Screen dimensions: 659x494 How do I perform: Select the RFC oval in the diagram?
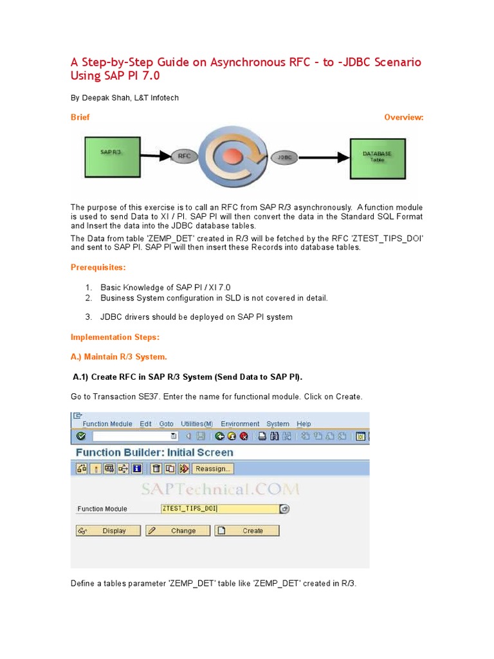tap(185, 155)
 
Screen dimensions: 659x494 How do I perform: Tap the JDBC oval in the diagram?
tap(284, 156)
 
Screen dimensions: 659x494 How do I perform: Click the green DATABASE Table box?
tap(377, 157)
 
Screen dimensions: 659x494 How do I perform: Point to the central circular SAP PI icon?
tap(233, 155)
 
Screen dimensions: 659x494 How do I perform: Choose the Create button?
tap(247, 531)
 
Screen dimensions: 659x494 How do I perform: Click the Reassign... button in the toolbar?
tap(214, 469)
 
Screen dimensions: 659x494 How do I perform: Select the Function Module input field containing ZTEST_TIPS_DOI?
tap(219, 508)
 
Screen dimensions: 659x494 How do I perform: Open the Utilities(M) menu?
tap(197, 424)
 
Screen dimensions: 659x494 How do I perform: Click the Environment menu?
tap(240, 424)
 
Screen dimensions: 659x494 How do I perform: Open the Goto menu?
tap(166, 424)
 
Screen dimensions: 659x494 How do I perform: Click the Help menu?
tap(304, 424)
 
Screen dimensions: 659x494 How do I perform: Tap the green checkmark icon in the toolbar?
tap(80, 436)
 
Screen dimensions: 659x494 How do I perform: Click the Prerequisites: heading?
tap(98, 267)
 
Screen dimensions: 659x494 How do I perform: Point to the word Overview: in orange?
tap(403, 117)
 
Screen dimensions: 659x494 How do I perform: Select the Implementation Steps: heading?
tap(114, 337)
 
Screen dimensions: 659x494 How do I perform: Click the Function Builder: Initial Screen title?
tap(154, 452)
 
